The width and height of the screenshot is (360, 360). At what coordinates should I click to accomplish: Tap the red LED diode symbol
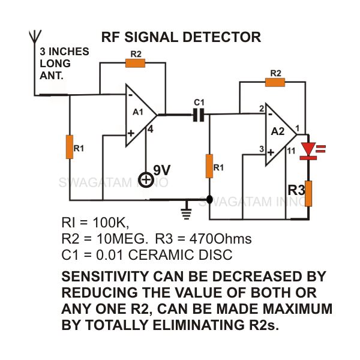click(x=308, y=151)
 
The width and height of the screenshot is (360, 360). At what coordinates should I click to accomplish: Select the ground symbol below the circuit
click(x=187, y=211)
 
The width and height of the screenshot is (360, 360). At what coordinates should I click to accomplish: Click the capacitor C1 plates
click(x=199, y=115)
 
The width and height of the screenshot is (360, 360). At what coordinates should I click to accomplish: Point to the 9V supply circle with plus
click(x=146, y=180)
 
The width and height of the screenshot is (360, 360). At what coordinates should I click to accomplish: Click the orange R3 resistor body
click(x=308, y=194)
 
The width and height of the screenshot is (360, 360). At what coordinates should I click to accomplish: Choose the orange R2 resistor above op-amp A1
click(x=135, y=63)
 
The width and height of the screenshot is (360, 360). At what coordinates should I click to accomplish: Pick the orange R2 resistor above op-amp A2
click(x=275, y=82)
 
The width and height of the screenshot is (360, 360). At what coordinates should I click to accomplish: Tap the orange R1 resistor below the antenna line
click(x=70, y=147)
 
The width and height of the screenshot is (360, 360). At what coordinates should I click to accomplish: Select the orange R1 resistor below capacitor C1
click(x=209, y=166)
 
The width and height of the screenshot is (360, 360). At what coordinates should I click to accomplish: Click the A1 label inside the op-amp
click(x=138, y=112)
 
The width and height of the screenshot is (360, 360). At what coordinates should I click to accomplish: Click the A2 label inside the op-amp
click(x=278, y=131)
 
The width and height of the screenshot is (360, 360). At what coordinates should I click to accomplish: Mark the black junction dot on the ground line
click(x=209, y=200)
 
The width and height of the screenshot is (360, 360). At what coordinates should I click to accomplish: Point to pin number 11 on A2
click(x=291, y=151)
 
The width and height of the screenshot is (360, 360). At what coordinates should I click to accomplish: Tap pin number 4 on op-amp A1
click(x=150, y=130)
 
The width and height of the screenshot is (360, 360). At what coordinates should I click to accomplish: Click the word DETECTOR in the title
click(x=222, y=37)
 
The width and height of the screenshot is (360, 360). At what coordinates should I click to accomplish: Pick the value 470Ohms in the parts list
click(x=220, y=239)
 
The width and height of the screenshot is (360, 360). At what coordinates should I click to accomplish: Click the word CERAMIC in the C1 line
click(x=161, y=255)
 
